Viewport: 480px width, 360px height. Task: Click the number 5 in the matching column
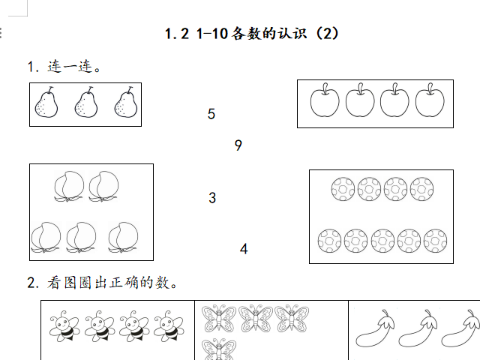pos(211,114)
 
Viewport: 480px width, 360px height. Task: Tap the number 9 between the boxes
pos(238,145)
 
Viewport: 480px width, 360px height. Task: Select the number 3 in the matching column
pos(212,198)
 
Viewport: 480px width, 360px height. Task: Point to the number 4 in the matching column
pos(244,249)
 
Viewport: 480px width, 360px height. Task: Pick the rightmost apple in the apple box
pos(430,100)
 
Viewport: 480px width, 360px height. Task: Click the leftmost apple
pos(325,100)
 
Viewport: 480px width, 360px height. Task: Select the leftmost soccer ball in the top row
pos(343,189)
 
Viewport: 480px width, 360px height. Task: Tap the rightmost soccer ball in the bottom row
pos(435,241)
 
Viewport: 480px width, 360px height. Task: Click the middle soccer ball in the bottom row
pos(382,241)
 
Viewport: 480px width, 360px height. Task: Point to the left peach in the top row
pos(69,187)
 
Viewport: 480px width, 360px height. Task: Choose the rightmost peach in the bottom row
pos(123,238)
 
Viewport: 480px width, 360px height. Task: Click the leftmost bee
pos(64,326)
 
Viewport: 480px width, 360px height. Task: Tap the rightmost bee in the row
pos(169,326)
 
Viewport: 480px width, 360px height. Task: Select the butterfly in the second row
pos(219,349)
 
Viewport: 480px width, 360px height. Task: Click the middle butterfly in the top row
pos(255,318)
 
